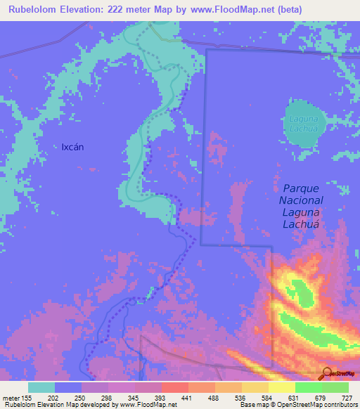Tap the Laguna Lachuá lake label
[304, 124]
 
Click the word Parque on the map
[302, 188]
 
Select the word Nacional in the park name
[302, 200]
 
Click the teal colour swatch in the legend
[41, 387]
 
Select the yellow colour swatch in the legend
[282, 387]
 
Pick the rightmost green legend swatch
[335, 387]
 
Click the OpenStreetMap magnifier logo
[327, 372]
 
